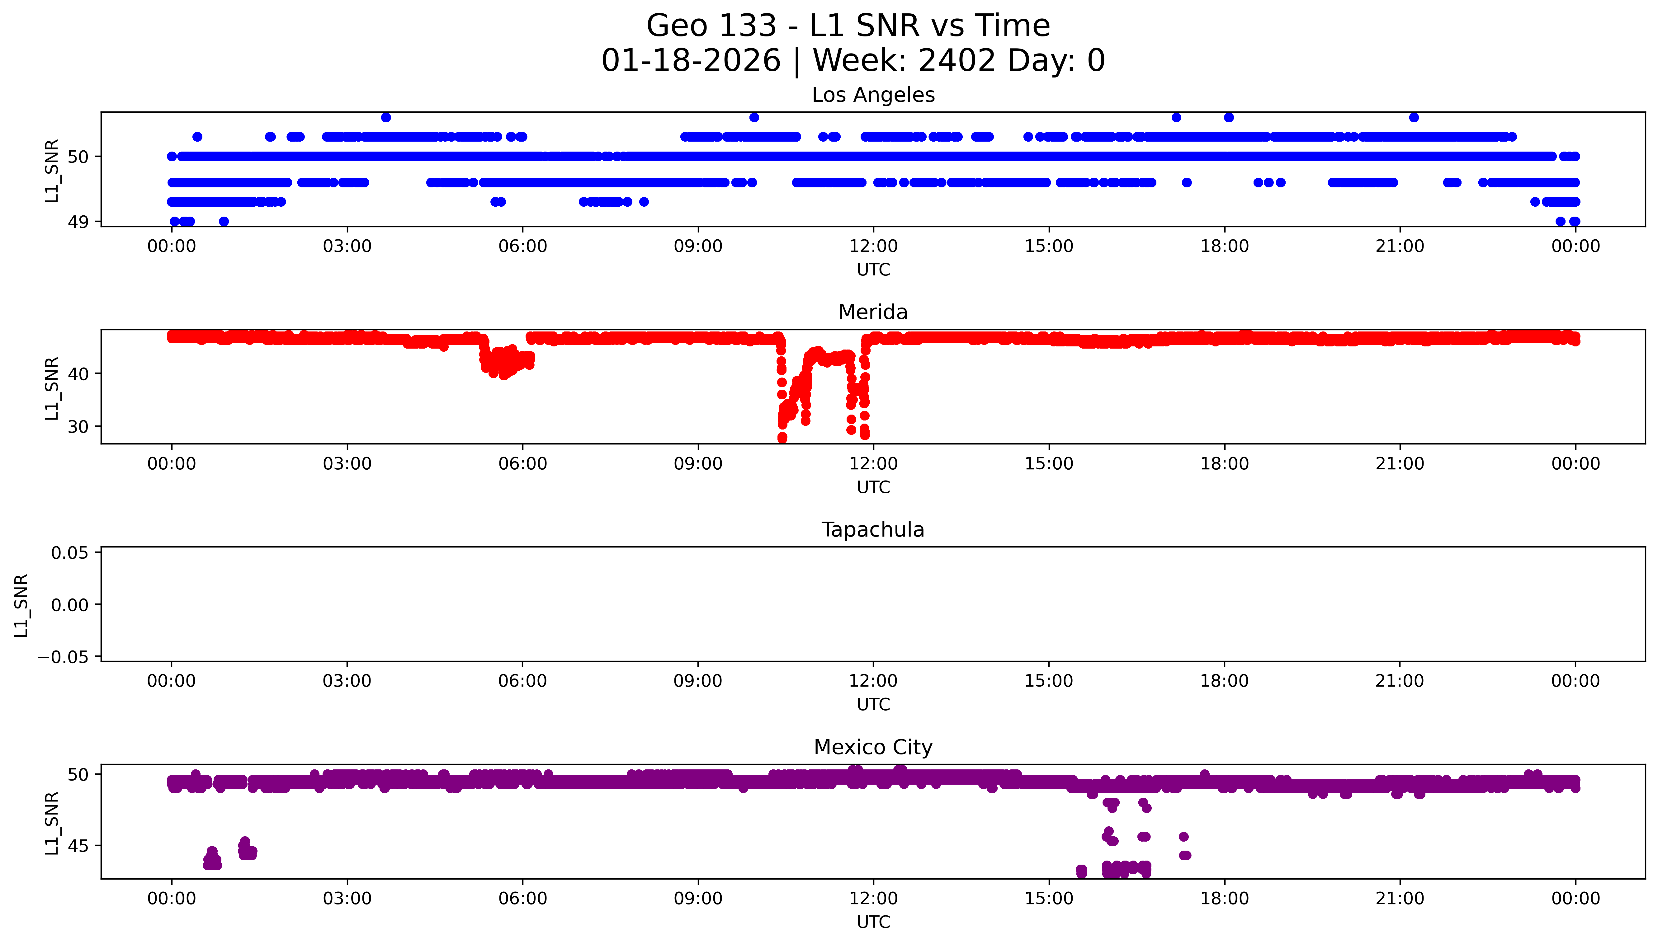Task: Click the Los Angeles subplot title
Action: coord(873,95)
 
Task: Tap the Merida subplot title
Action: coord(873,312)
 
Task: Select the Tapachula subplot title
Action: coord(873,530)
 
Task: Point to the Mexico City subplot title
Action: coord(873,748)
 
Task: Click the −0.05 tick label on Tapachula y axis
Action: coord(63,657)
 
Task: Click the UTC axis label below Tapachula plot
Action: coord(873,705)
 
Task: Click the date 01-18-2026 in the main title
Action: coord(691,61)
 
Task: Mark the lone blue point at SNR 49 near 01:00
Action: coord(224,222)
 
